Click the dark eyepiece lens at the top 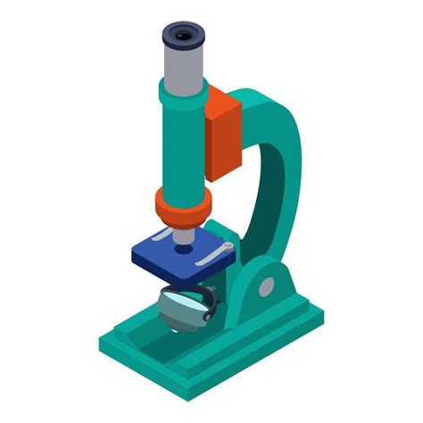coord(182,36)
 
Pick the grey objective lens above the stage coord(182,236)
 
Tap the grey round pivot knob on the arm coord(266,286)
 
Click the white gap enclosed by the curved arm coord(259,196)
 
